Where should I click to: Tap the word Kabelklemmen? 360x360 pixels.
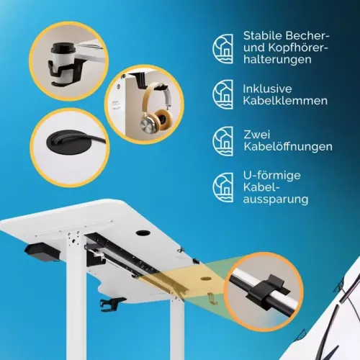[x=285, y=101]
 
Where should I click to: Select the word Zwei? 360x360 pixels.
[x=257, y=135]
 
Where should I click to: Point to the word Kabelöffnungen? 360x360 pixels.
[x=288, y=147]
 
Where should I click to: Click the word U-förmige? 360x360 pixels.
[x=271, y=176]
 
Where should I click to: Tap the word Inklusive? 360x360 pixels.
[x=267, y=89]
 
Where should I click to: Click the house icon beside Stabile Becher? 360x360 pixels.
[x=222, y=49]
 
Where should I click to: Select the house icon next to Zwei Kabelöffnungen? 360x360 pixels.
[x=222, y=141]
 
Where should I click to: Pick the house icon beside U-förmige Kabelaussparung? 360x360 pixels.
[x=222, y=187]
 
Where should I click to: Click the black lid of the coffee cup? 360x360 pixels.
[x=63, y=48]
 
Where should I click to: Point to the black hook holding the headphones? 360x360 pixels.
[x=142, y=81]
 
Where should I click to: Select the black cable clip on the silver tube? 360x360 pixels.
[x=267, y=291]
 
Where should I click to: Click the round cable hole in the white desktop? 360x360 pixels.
[x=143, y=233]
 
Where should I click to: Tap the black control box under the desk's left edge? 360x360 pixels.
[x=42, y=252]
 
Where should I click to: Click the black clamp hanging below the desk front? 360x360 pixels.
[x=112, y=305]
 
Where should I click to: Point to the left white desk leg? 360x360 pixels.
[x=76, y=295]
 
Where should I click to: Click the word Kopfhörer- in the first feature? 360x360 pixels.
[x=298, y=48]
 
